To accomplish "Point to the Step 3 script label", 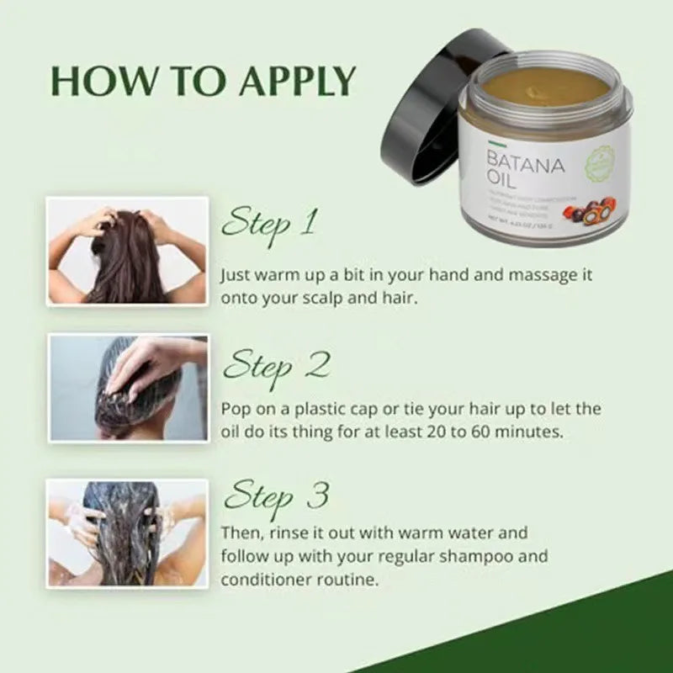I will point(275,496).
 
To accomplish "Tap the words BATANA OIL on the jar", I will point(522,167).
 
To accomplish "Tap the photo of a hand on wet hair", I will point(127,388).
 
